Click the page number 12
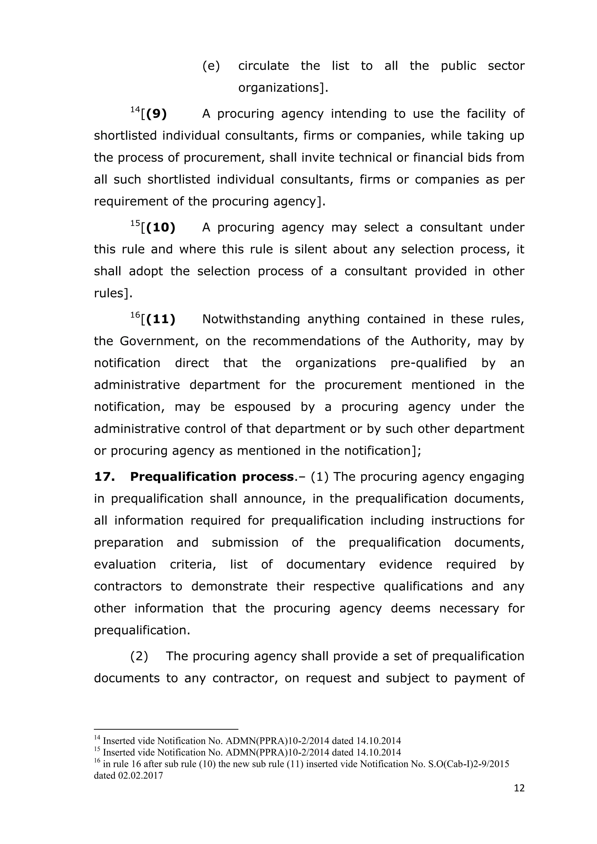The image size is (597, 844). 519,798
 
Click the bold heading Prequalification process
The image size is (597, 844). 212,477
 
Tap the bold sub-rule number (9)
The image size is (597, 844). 156,114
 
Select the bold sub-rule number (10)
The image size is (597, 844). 161,227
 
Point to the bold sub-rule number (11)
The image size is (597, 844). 161,319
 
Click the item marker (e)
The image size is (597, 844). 211,66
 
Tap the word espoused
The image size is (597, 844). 262,407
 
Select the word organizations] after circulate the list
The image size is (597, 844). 283,88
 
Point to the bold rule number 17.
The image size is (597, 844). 104,477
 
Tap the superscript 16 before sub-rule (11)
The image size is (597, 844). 135,315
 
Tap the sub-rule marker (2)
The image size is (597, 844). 139,656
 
